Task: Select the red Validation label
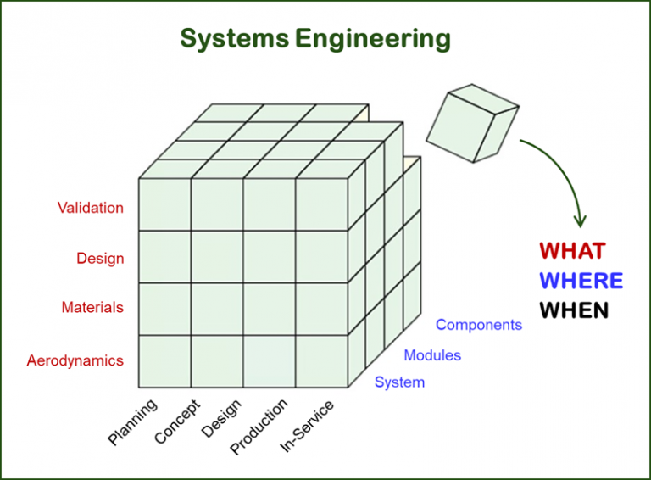pos(90,208)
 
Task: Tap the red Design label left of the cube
pos(100,259)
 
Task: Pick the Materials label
pos(92,308)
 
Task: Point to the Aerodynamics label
pos(75,360)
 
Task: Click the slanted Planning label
pos(132,422)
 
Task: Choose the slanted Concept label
pos(178,421)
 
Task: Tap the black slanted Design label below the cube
pos(221,419)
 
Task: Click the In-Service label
pos(307,426)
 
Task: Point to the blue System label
pos(399,382)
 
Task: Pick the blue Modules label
pos(432,355)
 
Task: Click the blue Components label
pos(479,325)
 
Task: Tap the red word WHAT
pos(573,251)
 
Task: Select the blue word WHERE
pos(581,281)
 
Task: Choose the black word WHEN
pos(575,310)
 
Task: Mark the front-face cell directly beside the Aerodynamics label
pos(164,361)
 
